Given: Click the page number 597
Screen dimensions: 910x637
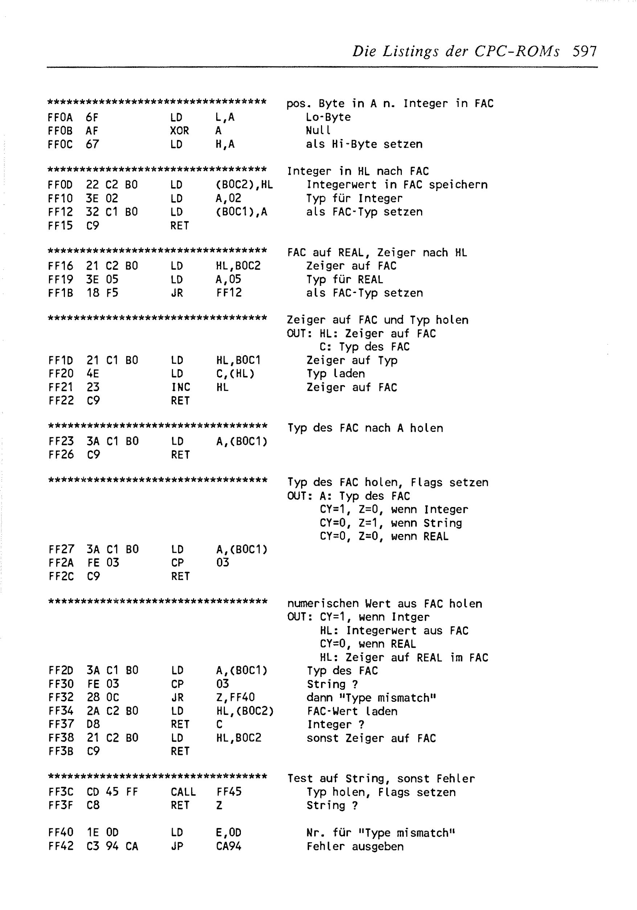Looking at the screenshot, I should [584, 52].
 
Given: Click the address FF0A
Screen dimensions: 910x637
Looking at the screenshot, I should [60, 117].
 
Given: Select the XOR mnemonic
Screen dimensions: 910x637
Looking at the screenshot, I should [180, 131].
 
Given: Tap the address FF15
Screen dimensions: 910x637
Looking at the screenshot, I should [60, 226].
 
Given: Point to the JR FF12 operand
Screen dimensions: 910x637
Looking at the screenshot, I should [229, 293].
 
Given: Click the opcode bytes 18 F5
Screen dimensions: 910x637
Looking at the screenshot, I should [102, 293].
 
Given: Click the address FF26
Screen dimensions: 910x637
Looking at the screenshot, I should [61, 454].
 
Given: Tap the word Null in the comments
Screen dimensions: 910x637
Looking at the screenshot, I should [318, 131].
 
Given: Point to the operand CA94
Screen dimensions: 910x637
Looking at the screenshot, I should [229, 846].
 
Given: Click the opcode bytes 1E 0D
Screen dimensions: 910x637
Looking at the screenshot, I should [102, 833].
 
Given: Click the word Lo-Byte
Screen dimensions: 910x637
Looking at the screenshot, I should [328, 117].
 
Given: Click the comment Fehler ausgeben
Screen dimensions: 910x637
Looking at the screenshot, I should [355, 847].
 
